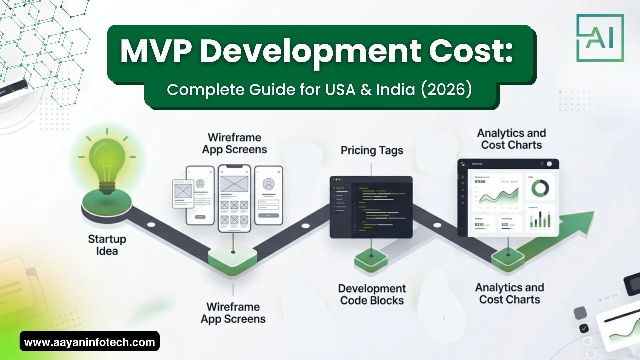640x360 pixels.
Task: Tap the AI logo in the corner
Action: (600, 38)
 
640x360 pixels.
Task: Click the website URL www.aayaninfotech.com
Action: (89, 342)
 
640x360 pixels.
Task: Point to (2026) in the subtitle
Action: (446, 89)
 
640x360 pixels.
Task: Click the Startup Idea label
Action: (107, 245)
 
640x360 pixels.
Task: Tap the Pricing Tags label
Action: (372, 150)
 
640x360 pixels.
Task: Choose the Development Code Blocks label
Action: (372, 294)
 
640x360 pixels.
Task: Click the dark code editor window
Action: (371, 207)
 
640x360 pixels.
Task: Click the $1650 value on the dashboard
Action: (480, 182)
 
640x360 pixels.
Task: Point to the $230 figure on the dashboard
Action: (479, 225)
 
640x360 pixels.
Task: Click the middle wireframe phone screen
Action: (234, 198)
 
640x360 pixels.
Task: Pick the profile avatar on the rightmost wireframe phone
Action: (268, 184)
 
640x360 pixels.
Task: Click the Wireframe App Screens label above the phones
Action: (234, 143)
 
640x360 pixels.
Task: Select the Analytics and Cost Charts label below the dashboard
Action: (509, 293)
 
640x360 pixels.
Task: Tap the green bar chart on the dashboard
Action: (540, 220)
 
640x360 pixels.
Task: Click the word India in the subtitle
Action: (396, 89)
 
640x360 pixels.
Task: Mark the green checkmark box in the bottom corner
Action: (584, 328)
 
